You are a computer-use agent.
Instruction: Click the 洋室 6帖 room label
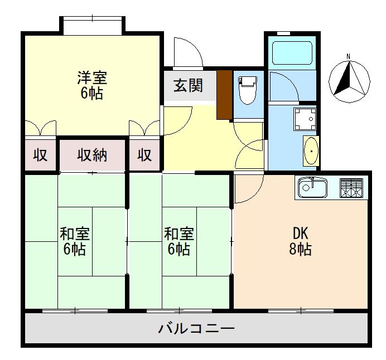point(91,85)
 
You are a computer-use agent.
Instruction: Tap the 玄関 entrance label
point(187,86)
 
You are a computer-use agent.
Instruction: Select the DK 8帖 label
point(301,241)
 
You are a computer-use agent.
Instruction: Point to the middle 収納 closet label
point(92,155)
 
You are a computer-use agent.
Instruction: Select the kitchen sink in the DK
point(312,188)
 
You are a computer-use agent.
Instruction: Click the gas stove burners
point(351,188)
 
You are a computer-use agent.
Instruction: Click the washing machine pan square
point(304,118)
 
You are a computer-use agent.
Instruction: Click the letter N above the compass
point(348,56)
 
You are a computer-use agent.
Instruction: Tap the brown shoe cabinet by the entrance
point(224,94)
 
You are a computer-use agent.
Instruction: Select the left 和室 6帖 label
point(74,241)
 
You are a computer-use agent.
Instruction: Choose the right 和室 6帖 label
point(178,241)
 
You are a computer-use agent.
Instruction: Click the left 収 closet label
point(40,155)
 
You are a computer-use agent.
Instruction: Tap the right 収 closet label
point(144,155)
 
